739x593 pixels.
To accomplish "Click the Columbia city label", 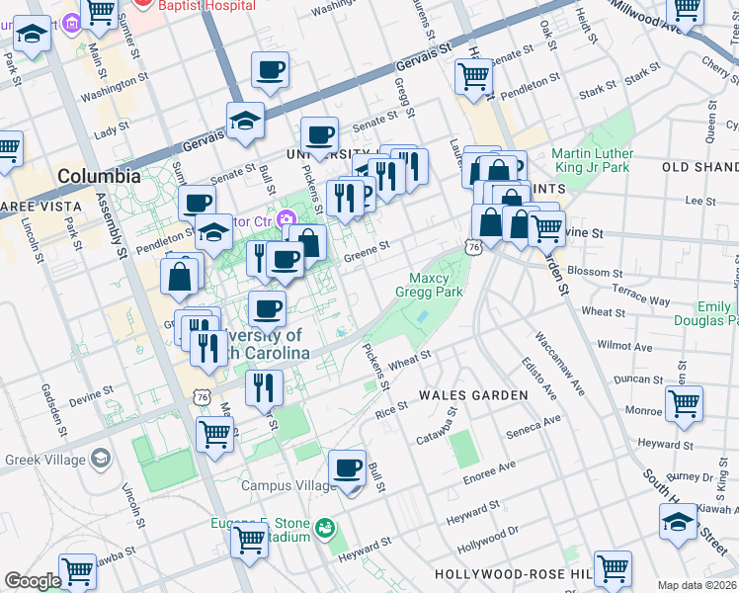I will pyautogui.click(x=99, y=177).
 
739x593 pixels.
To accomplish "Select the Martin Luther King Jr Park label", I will pyautogui.click(x=591, y=160).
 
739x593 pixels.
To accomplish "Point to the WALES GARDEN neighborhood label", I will pyautogui.click(x=473, y=395).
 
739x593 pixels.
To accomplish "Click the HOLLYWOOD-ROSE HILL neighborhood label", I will pyautogui.click(x=513, y=574).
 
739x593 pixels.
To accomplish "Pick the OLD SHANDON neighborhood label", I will pyautogui.click(x=700, y=168).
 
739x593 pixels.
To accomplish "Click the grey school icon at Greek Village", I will pyautogui.click(x=100, y=459).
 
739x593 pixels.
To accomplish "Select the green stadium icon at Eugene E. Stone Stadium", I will pyautogui.click(x=324, y=530).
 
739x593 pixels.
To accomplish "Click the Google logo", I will pyautogui.click(x=33, y=581).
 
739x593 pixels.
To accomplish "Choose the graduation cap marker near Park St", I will pyautogui.click(x=32, y=38).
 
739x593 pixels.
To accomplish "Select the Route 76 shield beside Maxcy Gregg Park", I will pyautogui.click(x=475, y=247).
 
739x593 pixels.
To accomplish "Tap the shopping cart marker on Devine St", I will pyautogui.click(x=546, y=227).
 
